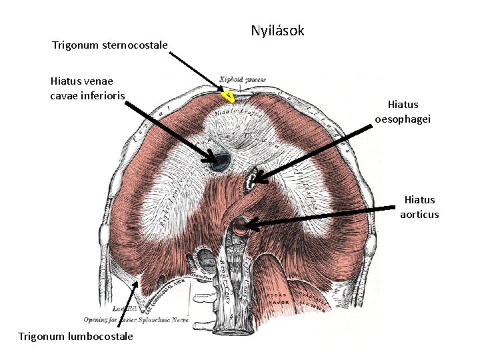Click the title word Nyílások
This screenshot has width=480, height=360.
coord(277,31)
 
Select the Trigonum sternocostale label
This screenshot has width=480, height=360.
coord(110,45)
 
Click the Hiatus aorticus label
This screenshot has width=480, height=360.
coord(419,207)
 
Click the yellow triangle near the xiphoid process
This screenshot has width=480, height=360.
coord(228,97)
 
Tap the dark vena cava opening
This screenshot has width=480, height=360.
coord(220,159)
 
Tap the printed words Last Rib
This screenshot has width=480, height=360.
coord(124,309)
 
